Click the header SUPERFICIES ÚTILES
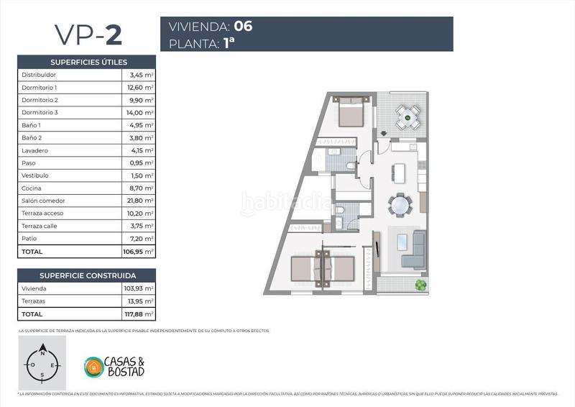pos(87,62)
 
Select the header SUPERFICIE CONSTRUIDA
pos(87,275)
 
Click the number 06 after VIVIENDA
pos(243,27)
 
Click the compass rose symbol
pos(42,363)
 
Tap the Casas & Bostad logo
pos(115,366)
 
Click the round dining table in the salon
pos(400,206)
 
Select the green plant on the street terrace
pos(420,286)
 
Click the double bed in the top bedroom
pos(351,111)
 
